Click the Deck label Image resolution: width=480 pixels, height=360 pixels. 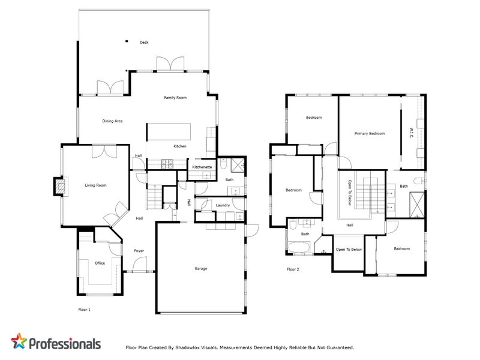coord(143,43)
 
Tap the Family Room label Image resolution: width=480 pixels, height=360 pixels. coord(176,97)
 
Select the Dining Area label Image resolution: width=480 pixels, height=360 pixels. coord(112,121)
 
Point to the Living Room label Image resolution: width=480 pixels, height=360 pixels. coord(95,185)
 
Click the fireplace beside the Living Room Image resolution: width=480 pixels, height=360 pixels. coord(59,187)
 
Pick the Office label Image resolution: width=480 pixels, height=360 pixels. coord(100,263)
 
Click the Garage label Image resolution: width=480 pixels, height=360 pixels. coord(200,268)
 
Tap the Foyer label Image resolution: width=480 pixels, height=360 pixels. coord(139,251)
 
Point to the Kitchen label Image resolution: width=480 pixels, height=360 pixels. coord(180,146)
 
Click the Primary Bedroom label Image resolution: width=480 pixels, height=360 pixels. coord(370,133)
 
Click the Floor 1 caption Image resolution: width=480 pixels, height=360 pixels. coord(85,310)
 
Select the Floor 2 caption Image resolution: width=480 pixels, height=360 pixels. coord(293,269)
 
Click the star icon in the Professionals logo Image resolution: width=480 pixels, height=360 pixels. coord(20,342)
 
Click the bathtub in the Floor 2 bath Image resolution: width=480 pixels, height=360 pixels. coord(299,247)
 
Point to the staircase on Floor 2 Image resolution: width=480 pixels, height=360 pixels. coord(362,194)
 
